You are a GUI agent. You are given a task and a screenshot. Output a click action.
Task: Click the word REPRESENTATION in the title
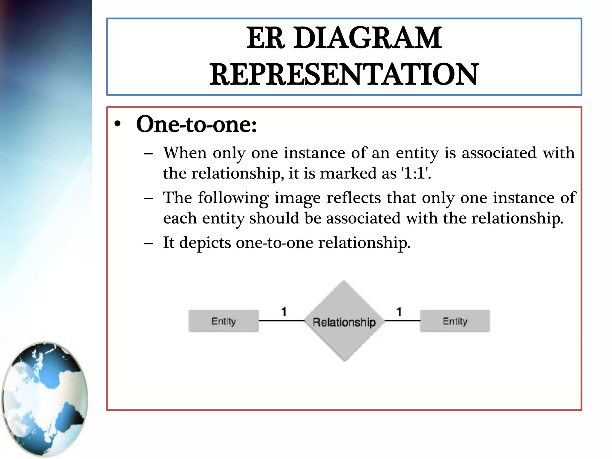point(344,74)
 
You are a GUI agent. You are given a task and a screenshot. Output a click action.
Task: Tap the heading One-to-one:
point(196,124)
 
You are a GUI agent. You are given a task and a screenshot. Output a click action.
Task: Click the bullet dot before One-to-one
point(118,124)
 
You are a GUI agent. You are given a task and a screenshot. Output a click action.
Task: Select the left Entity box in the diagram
point(224,321)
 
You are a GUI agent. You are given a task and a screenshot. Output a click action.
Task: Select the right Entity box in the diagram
point(455,321)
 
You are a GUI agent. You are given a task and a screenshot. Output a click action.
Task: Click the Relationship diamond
point(344,322)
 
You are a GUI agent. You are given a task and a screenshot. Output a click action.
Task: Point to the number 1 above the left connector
point(284,312)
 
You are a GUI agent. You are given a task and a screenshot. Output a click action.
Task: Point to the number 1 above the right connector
point(399,312)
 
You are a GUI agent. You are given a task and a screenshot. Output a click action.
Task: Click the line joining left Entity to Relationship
point(281,321)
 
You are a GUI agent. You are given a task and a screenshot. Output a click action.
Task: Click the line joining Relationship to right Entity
point(402,321)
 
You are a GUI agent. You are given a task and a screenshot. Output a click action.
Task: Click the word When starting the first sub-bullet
point(185,153)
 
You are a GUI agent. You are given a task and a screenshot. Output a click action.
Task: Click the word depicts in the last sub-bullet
point(205,242)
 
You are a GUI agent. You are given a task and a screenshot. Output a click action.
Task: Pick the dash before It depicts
point(149,243)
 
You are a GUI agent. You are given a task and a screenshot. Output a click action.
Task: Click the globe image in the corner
point(45,399)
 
